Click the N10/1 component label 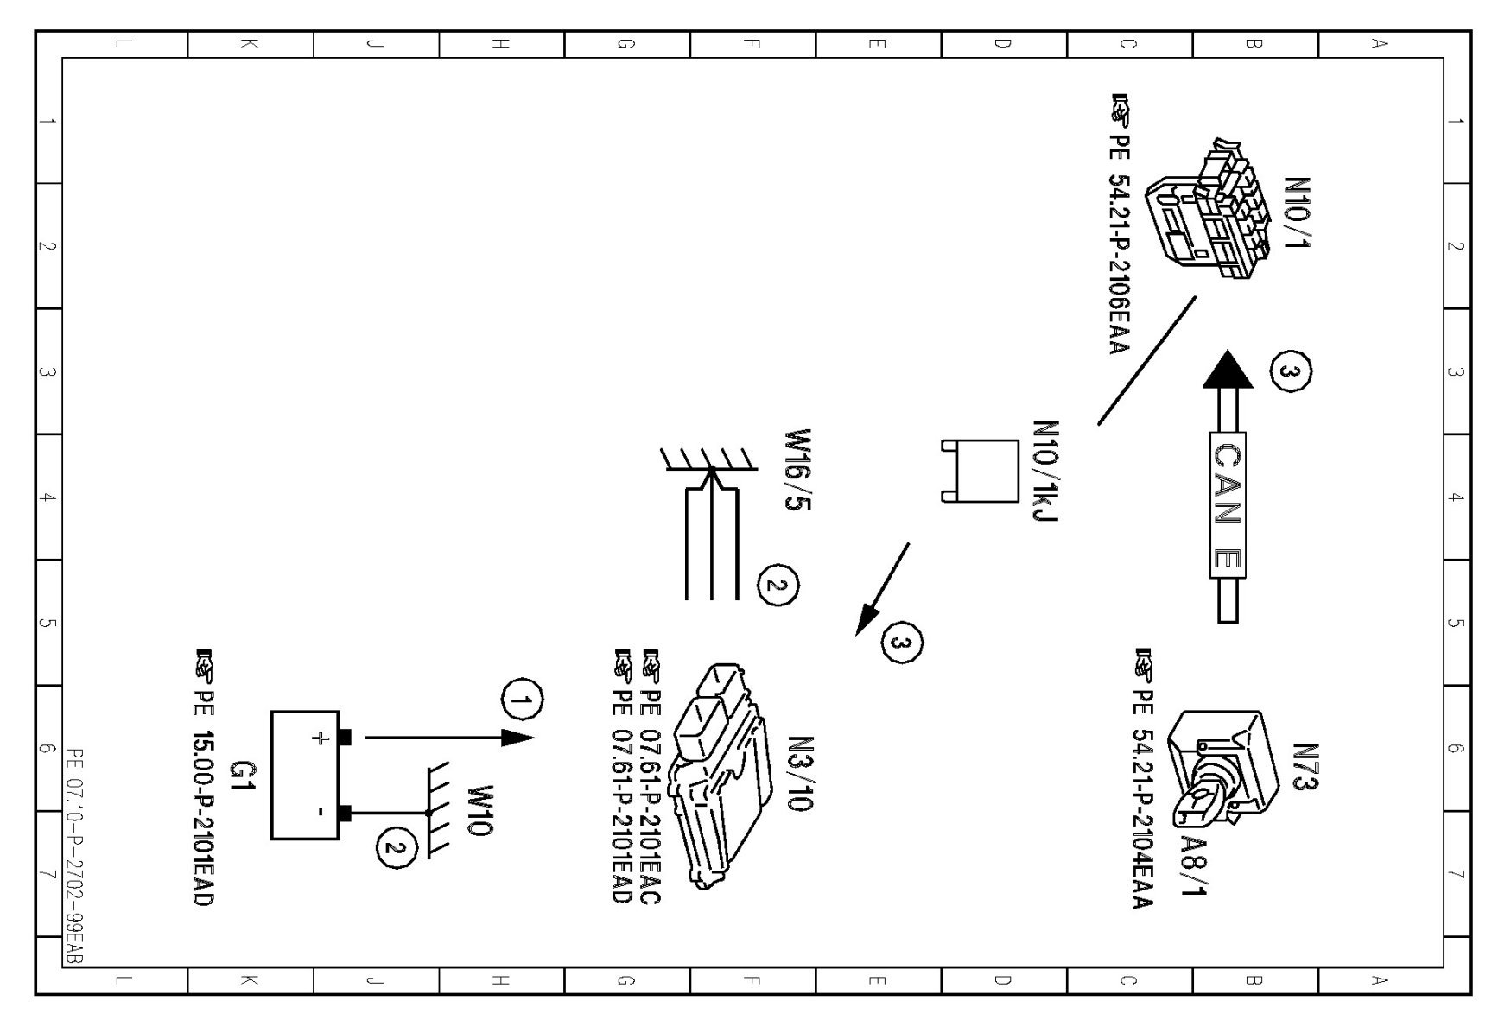1296,212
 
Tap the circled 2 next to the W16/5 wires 778,586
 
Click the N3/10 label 801,774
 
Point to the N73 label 1306,767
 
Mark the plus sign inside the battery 321,738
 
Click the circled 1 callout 522,700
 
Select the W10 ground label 479,810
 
